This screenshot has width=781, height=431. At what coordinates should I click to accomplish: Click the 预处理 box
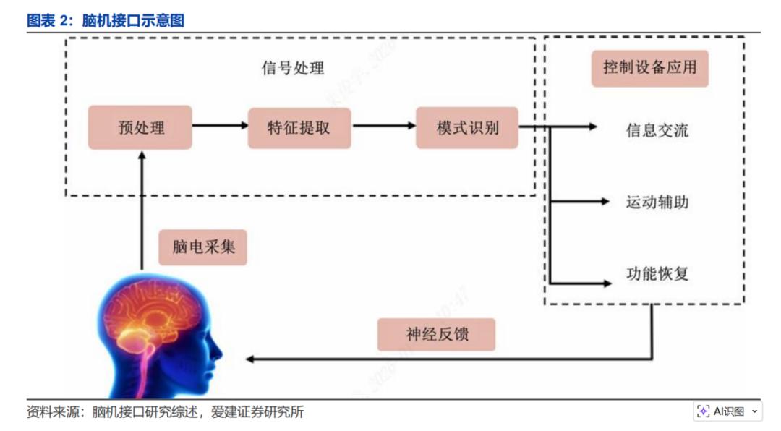(x=140, y=127)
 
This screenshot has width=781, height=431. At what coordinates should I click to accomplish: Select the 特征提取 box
(x=299, y=128)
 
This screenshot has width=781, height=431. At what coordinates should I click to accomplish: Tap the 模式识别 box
(x=467, y=128)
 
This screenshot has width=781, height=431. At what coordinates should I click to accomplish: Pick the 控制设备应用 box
(x=649, y=68)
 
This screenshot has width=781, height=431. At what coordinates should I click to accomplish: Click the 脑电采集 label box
(x=203, y=247)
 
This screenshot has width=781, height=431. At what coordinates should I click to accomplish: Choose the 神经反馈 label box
(x=436, y=335)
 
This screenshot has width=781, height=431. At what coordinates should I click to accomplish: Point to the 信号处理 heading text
(x=292, y=69)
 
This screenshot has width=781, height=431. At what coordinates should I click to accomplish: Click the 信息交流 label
(x=657, y=131)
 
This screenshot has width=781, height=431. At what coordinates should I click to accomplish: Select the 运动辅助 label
(x=657, y=202)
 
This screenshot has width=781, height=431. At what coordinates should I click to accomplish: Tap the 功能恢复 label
(x=657, y=273)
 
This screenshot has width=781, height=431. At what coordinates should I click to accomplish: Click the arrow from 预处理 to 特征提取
(x=220, y=126)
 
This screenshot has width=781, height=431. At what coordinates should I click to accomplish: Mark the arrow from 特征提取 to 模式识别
(x=383, y=126)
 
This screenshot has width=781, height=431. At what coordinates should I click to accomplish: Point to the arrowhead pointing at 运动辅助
(x=605, y=202)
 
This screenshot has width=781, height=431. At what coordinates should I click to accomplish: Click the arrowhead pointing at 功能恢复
(x=605, y=282)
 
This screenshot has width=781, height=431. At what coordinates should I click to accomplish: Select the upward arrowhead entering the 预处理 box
(x=142, y=155)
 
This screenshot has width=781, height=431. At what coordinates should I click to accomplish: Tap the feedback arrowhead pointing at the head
(x=250, y=359)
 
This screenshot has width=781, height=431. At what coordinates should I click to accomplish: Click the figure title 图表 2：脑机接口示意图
(x=106, y=20)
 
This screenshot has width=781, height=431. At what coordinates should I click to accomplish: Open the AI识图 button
(x=727, y=411)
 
